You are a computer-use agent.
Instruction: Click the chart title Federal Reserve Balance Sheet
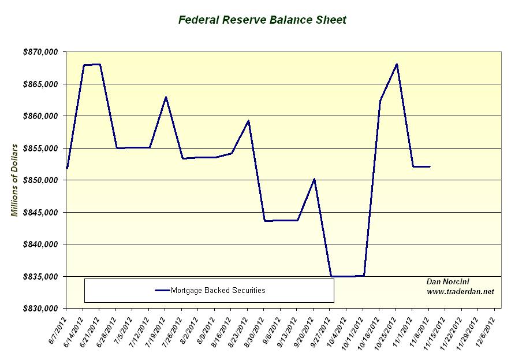262,20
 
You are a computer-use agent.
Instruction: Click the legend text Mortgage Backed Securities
218,291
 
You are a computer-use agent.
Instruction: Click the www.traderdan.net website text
460,292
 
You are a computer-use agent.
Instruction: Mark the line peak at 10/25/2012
397,64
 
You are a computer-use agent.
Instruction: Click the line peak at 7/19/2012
166,97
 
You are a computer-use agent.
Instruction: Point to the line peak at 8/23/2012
248,121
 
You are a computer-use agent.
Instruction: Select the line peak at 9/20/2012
314,179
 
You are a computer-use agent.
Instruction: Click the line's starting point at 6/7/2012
67,168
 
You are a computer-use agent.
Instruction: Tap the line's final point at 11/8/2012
430,166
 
